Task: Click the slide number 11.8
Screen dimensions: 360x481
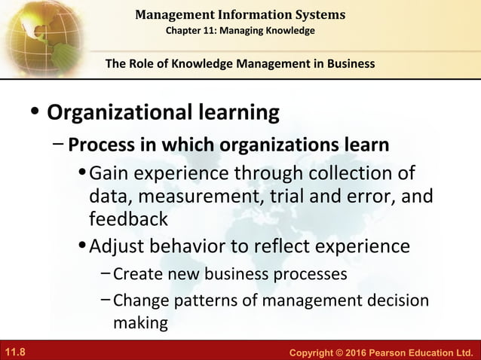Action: (17, 352)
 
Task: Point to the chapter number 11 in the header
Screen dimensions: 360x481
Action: (215, 30)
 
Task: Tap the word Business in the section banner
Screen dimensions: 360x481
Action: (349, 63)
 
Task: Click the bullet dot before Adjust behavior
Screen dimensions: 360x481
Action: (82, 247)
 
